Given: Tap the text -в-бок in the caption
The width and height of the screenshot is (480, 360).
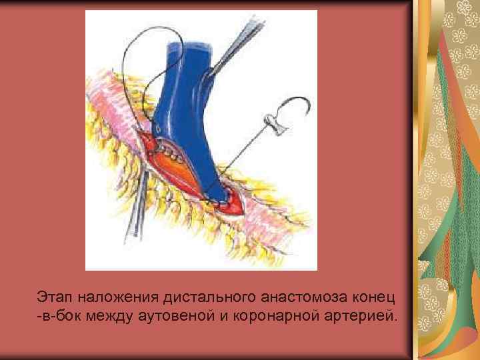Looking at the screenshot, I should pos(57,314).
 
